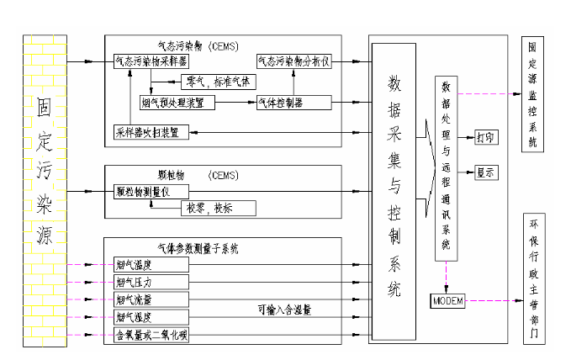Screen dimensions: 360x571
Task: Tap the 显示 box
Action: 487,172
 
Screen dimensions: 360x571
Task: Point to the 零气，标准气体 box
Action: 214,82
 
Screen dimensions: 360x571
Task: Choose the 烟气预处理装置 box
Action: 177,102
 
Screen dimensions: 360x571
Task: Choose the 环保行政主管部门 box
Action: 532,283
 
